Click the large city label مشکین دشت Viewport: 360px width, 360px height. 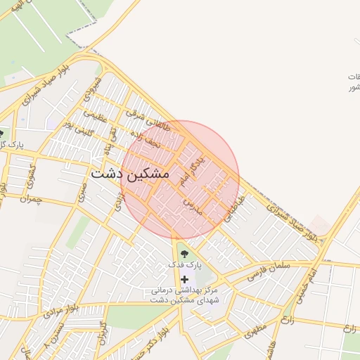click(130, 172)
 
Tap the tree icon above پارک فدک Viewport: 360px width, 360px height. click(184, 253)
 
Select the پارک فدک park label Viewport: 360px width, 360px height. click(184, 265)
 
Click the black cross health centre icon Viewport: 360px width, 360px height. click(184, 280)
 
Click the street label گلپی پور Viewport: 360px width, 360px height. click(77, 129)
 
